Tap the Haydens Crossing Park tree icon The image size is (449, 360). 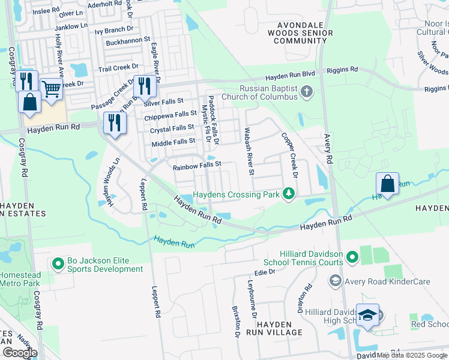tap(289, 194)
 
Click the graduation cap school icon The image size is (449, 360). tap(367, 315)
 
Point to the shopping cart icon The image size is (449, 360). tap(52, 89)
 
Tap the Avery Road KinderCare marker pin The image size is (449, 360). tap(335, 281)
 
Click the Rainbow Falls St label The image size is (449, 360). tap(197, 164)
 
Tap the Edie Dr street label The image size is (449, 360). tap(264, 272)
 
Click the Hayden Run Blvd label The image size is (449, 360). tap(291, 76)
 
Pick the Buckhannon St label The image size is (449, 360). tap(127, 40)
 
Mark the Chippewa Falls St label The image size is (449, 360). tap(170, 114)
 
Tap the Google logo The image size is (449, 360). tap(19, 353)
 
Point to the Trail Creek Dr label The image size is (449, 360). tap(118, 68)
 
